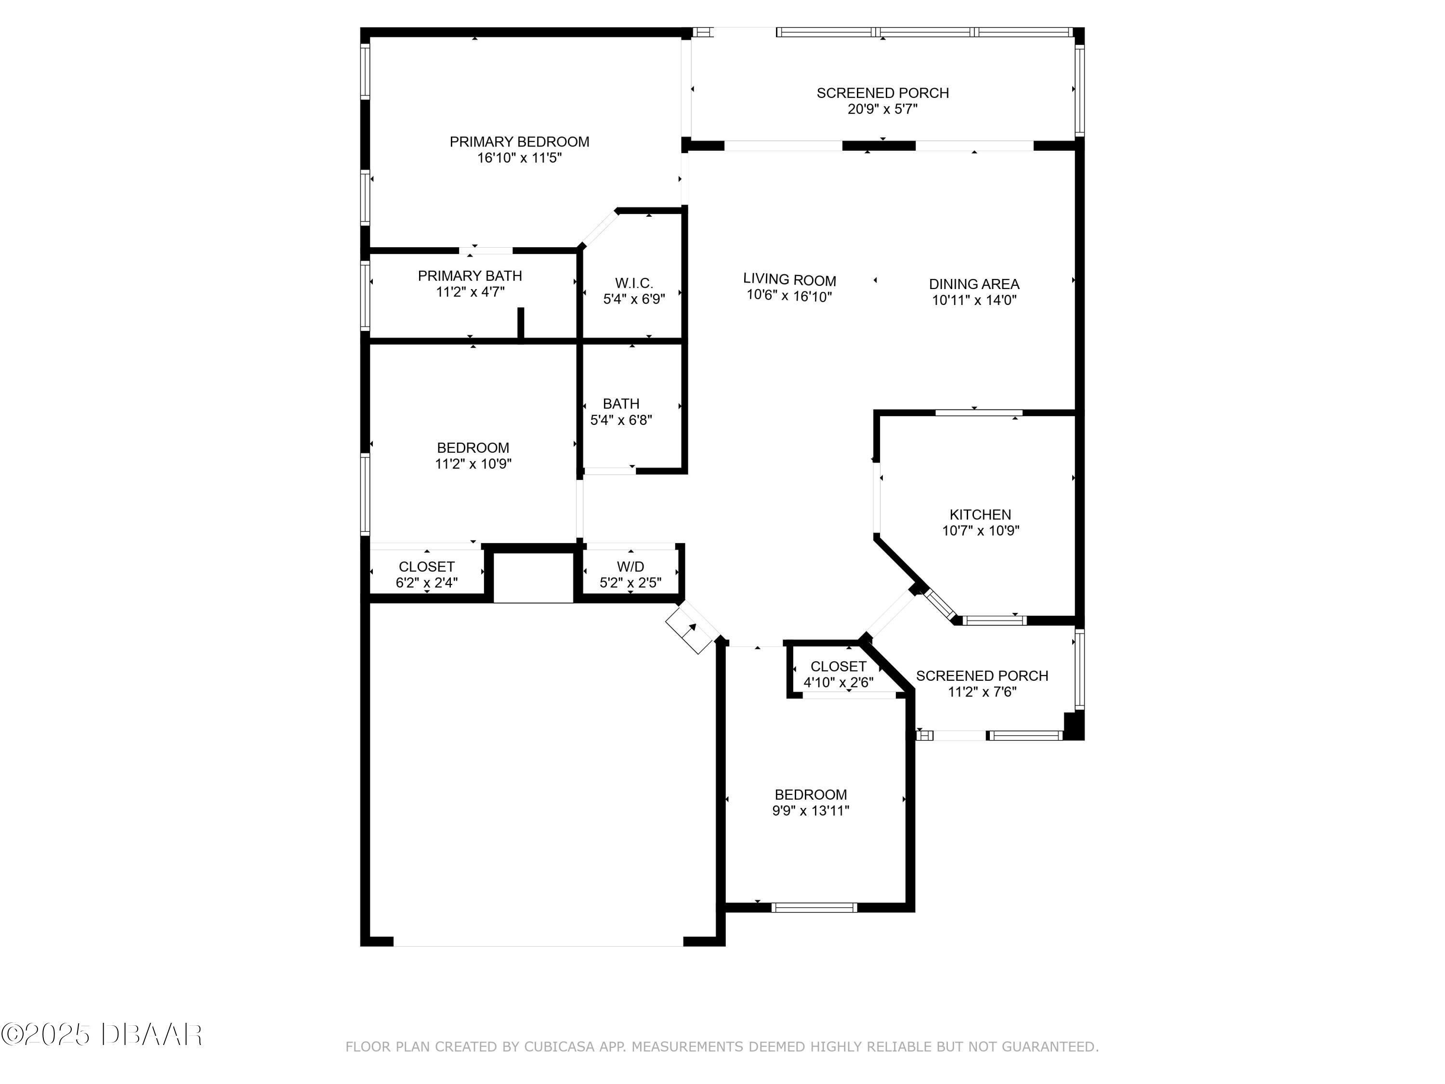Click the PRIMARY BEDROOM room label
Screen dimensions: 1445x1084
click(519, 142)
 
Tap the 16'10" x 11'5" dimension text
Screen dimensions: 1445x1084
click(519, 158)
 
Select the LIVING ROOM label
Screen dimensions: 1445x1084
click(789, 281)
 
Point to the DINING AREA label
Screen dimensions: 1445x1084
click(974, 284)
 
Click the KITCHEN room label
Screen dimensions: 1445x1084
click(980, 515)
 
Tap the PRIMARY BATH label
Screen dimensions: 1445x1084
click(470, 276)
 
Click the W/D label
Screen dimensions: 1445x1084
click(631, 567)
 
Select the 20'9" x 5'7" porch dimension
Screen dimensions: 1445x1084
click(882, 109)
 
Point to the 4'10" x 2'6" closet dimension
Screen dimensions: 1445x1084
click(838, 683)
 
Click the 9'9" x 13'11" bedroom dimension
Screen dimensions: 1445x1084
click(811, 811)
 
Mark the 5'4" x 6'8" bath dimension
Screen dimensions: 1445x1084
click(621, 420)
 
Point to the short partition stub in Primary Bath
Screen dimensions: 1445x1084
click(521, 323)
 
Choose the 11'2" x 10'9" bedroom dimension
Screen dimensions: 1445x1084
click(473, 464)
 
